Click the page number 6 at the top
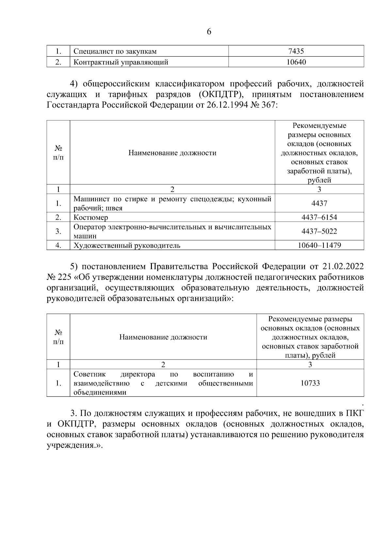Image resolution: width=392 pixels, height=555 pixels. pyautogui.click(x=209, y=32)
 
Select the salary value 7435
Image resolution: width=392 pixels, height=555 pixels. pyautogui.click(x=296, y=51)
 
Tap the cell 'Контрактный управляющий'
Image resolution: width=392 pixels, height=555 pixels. pyautogui.click(x=121, y=62)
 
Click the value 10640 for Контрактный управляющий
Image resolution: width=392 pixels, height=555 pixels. pyautogui.click(x=296, y=62)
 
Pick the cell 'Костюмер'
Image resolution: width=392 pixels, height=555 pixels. pyautogui.click(x=90, y=217)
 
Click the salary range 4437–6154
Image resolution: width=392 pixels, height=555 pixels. pyautogui.click(x=319, y=217)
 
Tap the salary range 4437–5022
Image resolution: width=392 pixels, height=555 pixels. pyautogui.click(x=319, y=231)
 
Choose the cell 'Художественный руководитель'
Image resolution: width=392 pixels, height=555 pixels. pyautogui.click(x=127, y=245)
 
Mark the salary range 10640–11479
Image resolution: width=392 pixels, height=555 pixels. pyautogui.click(x=319, y=245)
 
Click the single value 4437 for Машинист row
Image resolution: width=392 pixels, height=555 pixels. pyautogui.click(x=319, y=203)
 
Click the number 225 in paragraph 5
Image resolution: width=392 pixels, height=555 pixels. pyautogui.click(x=65, y=277)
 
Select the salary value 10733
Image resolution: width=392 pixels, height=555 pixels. pyautogui.click(x=310, y=383)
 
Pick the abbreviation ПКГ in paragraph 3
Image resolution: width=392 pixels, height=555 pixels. pyautogui.click(x=354, y=414)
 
